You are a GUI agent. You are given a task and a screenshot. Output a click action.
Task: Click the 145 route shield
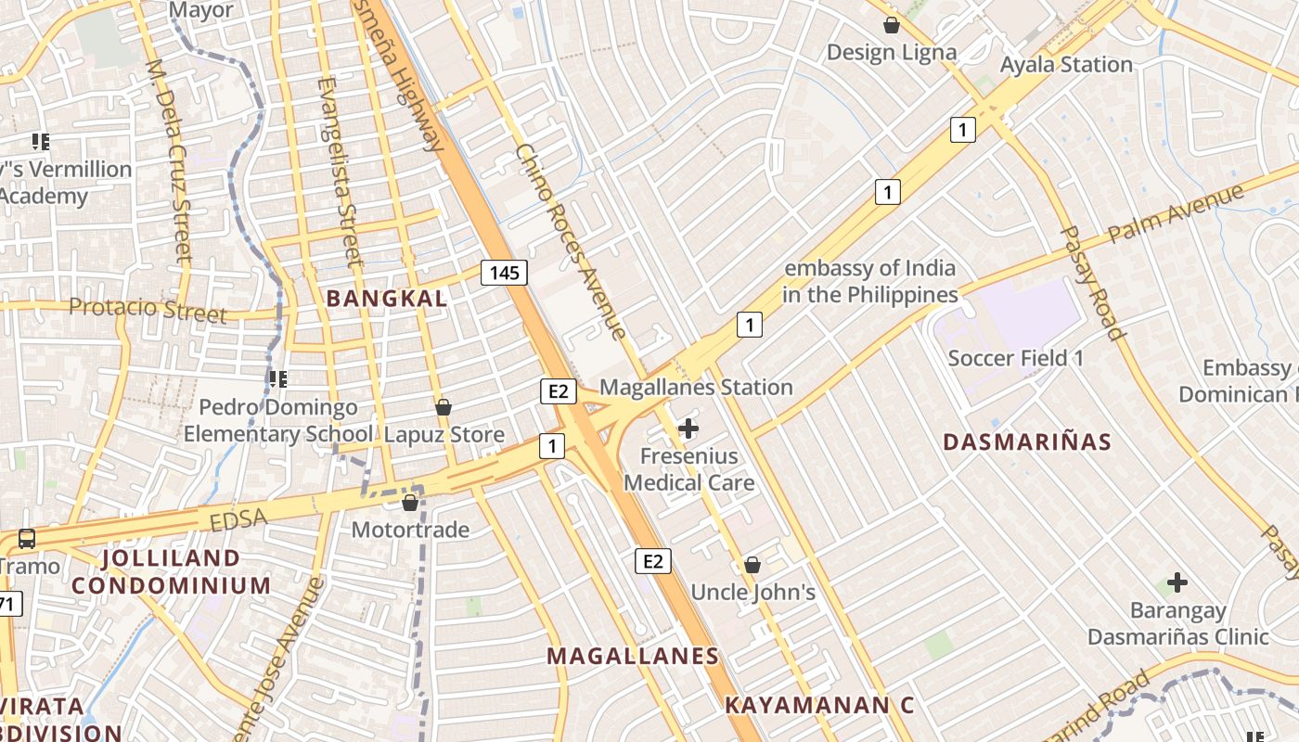505,273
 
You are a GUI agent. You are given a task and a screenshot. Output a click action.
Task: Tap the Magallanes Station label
696,388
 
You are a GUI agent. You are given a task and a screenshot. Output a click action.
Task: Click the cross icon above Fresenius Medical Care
688,429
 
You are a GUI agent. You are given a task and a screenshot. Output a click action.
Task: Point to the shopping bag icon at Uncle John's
752,565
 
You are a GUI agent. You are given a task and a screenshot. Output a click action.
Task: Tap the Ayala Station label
1066,65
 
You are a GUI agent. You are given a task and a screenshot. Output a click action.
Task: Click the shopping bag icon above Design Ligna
892,25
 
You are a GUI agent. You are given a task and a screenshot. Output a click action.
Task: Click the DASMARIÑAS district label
1027,442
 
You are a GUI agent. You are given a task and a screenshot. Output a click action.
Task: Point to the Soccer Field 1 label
1015,358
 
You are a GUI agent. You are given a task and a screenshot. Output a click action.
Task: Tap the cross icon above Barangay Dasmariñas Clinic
1177,582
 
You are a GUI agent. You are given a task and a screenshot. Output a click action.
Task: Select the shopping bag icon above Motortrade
410,503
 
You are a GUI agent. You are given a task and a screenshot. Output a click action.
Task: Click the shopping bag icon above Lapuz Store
444,407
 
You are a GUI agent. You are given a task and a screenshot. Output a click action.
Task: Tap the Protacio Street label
148,309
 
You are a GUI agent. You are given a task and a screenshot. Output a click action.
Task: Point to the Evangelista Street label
338,172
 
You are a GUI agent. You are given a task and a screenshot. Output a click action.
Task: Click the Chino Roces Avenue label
570,241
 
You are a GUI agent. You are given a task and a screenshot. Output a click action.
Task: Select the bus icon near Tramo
26,539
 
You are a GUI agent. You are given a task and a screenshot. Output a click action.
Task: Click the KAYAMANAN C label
818,705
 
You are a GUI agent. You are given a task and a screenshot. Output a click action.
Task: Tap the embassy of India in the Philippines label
869,282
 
